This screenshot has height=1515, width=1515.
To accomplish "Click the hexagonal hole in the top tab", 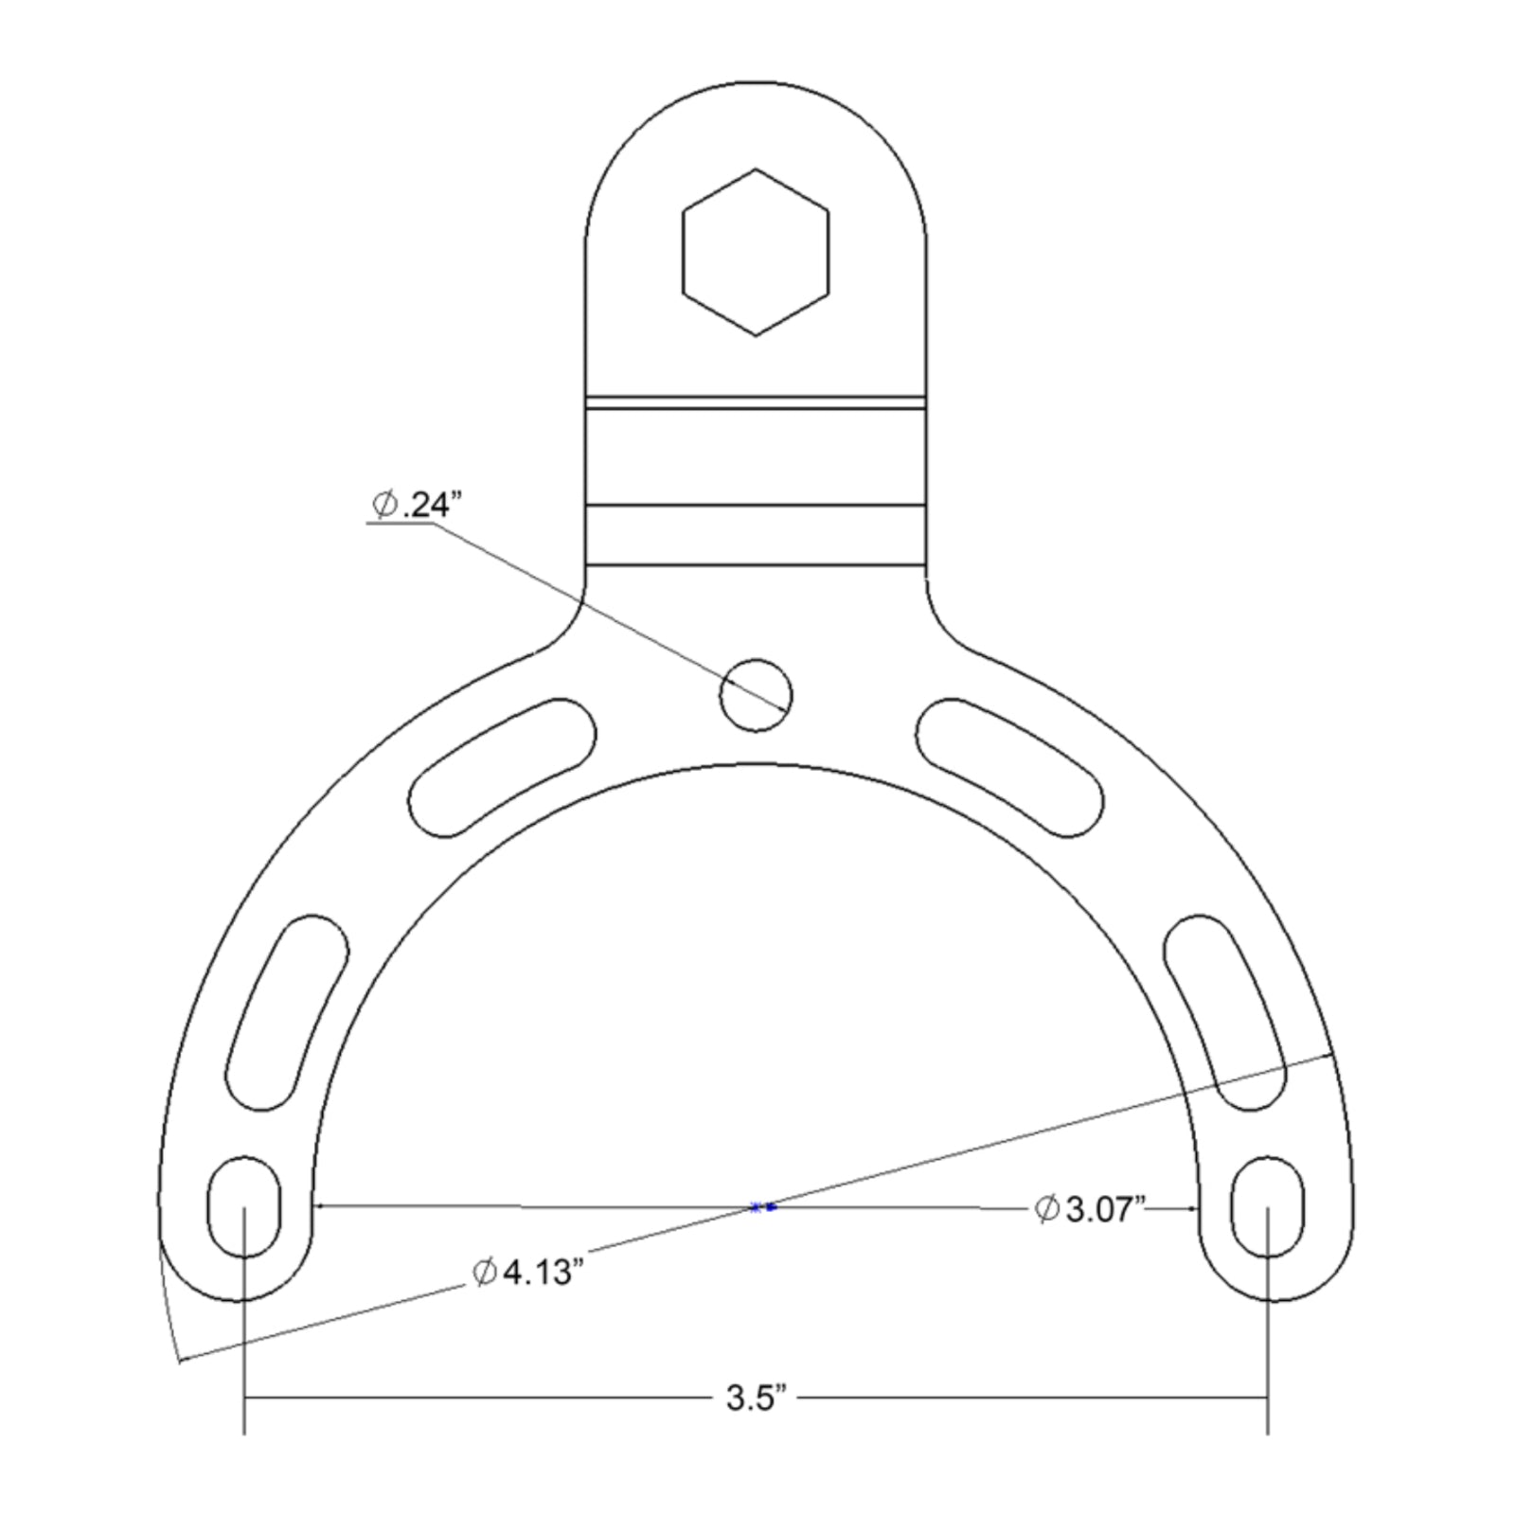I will click(756, 252).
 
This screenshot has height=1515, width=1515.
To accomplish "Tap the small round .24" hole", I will click(756, 695).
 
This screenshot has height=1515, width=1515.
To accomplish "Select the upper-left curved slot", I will click(502, 767).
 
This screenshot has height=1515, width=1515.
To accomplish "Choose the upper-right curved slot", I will click(1011, 767).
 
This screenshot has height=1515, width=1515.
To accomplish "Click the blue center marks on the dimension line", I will click(763, 1207).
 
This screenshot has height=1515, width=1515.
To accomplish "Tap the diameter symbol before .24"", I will click(383, 506).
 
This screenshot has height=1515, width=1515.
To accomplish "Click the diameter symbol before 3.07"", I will click(1045, 1209).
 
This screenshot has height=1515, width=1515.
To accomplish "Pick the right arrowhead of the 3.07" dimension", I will click(1194, 1207).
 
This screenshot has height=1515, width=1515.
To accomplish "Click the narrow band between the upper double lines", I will click(756, 403).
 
